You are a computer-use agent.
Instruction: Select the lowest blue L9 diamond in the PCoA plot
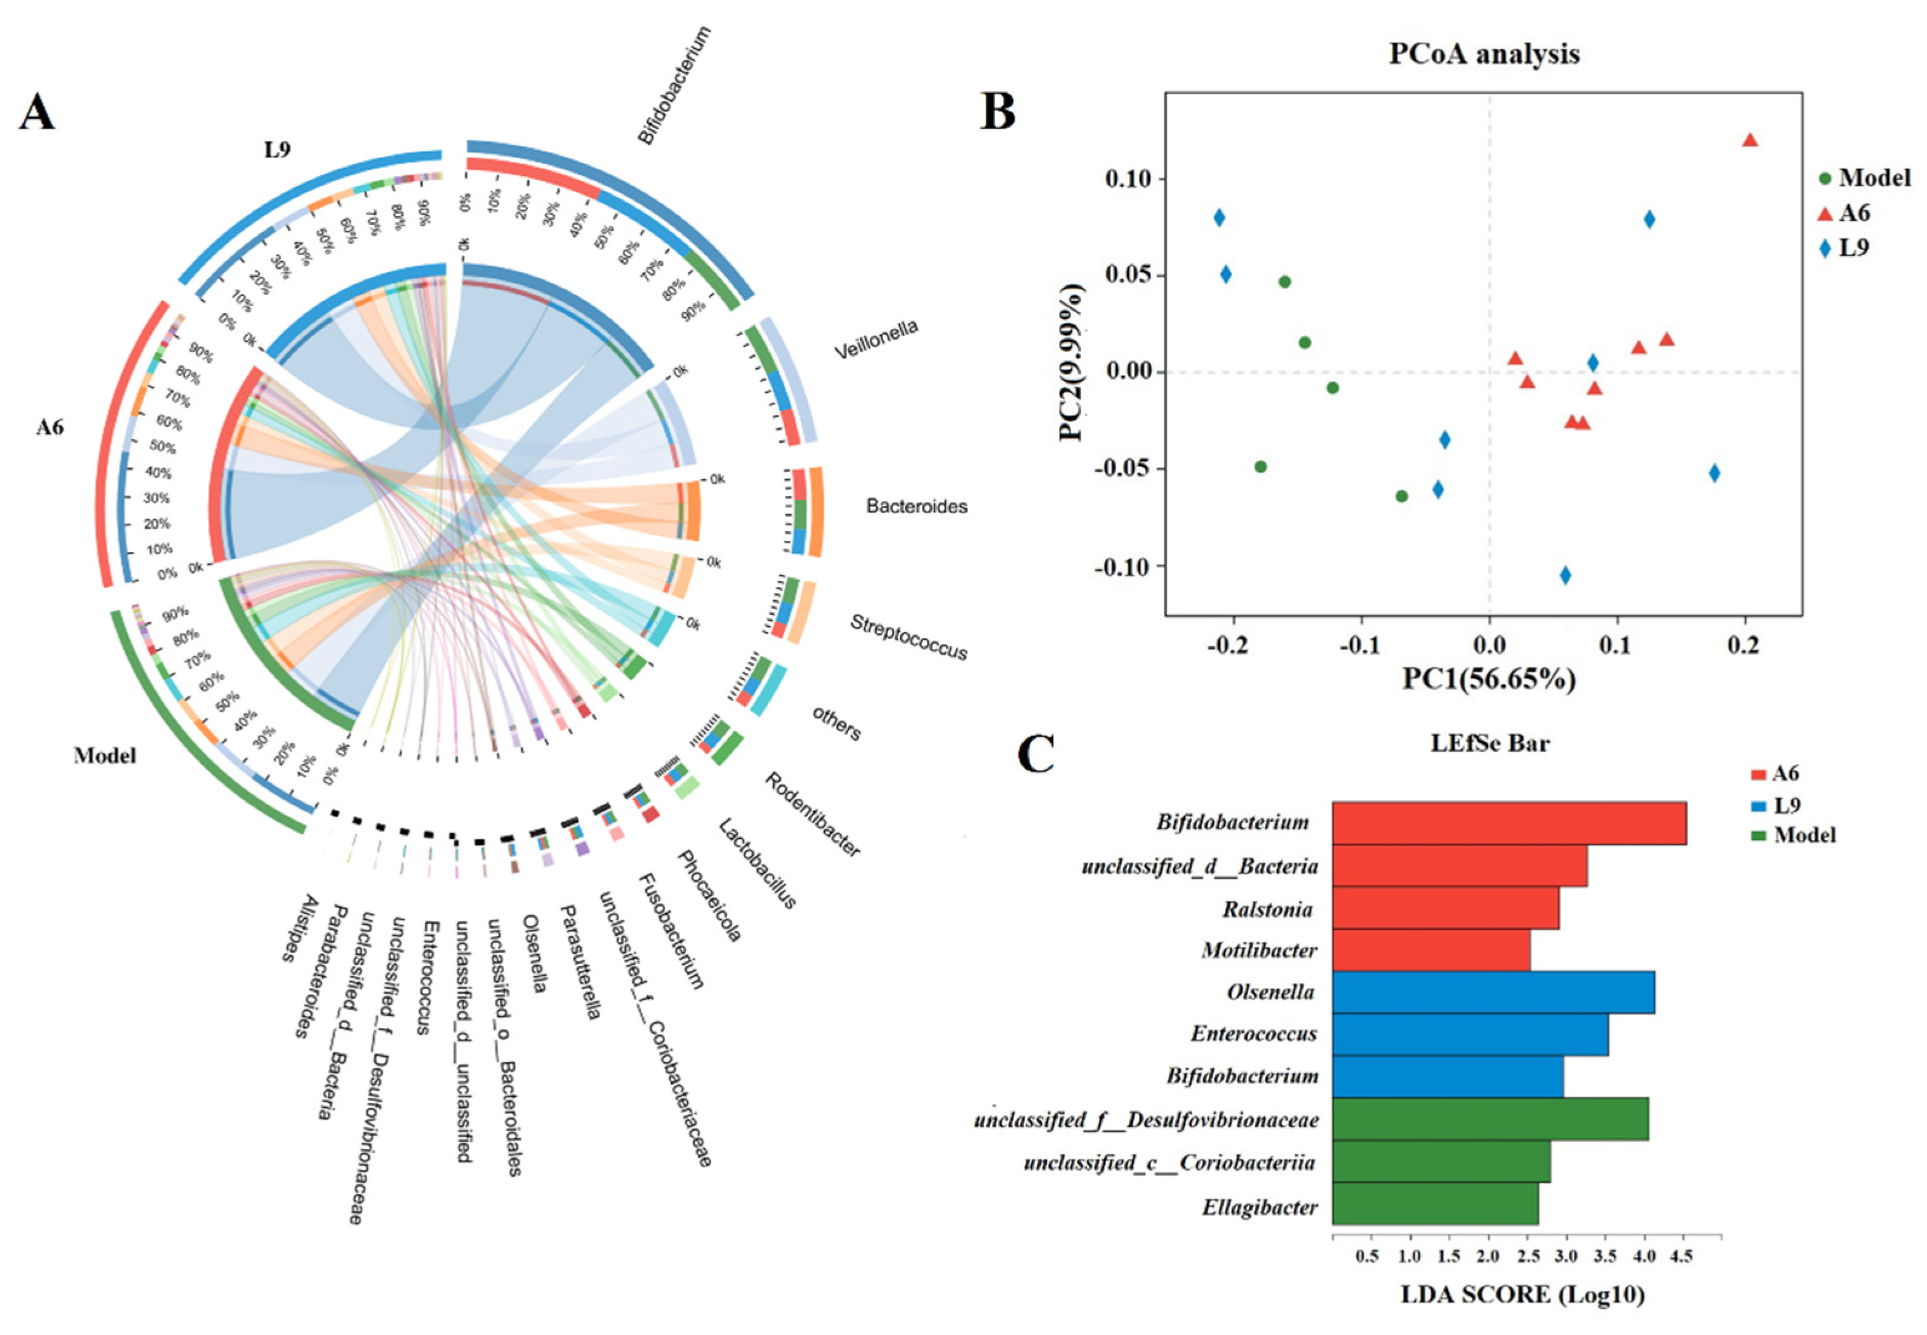pyautogui.click(x=1565, y=575)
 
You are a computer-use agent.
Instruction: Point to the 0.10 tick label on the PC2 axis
pyautogui.click(x=1129, y=178)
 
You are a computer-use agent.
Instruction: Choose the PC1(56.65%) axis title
pyautogui.click(x=1489, y=678)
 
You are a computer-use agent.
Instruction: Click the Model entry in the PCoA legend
pyautogui.click(x=1874, y=178)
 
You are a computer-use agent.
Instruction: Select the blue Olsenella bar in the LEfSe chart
pyautogui.click(x=1493, y=992)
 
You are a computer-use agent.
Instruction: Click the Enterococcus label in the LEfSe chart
pyautogui.click(x=1254, y=1034)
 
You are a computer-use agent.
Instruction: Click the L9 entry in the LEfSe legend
pyautogui.click(x=1786, y=804)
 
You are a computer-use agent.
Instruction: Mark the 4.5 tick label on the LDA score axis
pyautogui.click(x=1680, y=1256)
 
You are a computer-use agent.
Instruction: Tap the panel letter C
pyautogui.click(x=1035, y=755)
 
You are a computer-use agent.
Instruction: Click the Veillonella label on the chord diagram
pyautogui.click(x=876, y=339)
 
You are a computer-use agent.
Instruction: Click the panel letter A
pyautogui.click(x=37, y=113)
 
